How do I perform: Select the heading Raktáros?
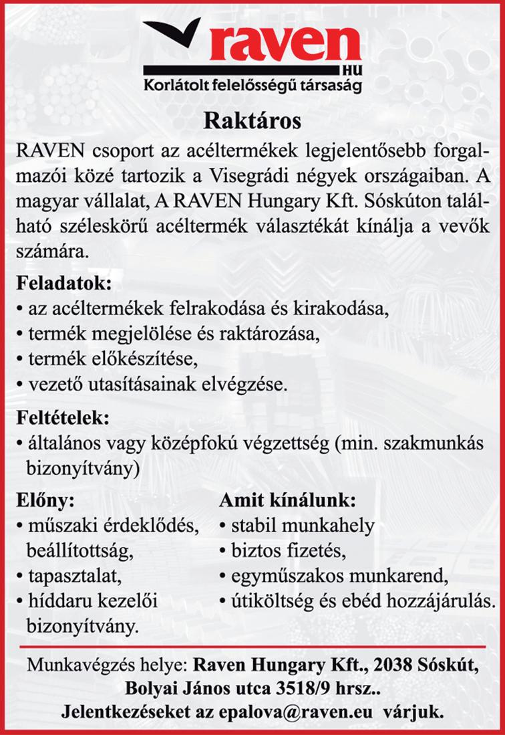click(252, 122)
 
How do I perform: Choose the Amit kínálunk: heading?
click(289, 500)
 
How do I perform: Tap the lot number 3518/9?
click(311, 689)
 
